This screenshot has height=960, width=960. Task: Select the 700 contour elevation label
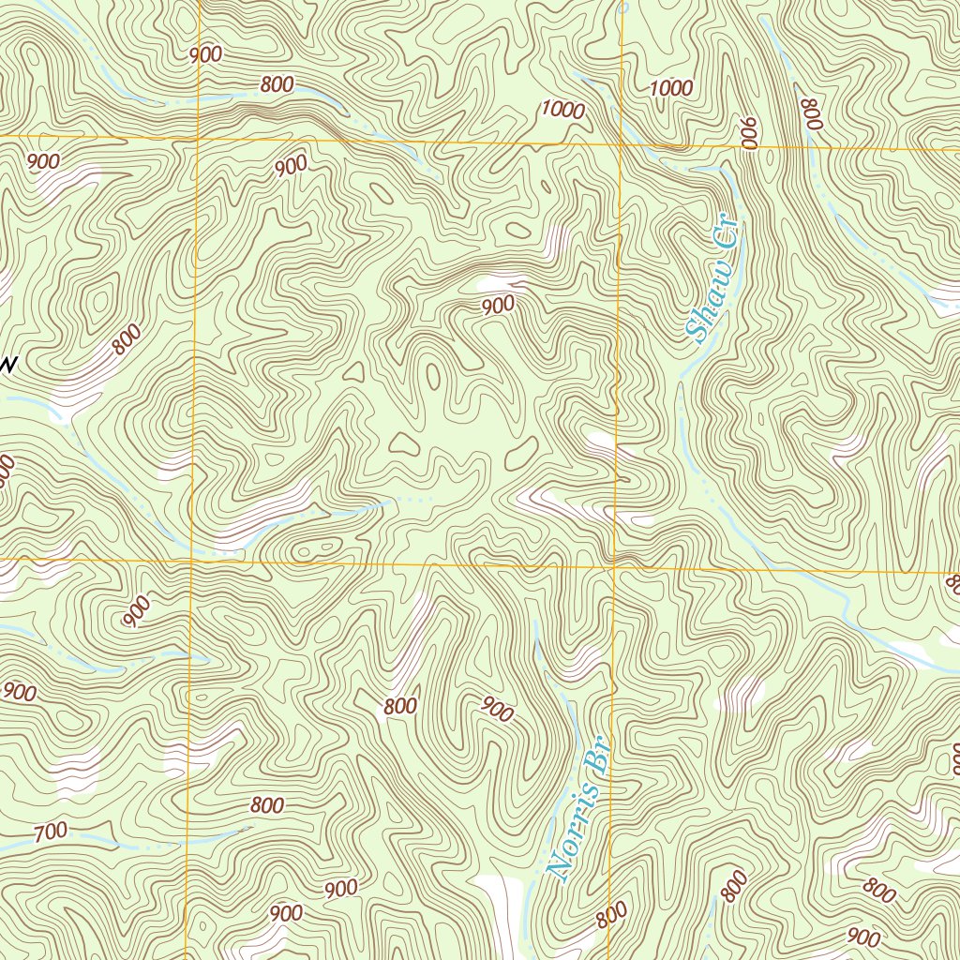50,831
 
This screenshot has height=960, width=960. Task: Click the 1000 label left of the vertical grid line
562,110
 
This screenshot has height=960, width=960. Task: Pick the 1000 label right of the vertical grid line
671,89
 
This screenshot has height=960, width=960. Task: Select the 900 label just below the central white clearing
499,305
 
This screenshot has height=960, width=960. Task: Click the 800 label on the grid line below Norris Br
611,912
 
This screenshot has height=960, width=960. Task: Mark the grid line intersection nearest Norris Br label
613,565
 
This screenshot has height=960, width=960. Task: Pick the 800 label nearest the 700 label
267,805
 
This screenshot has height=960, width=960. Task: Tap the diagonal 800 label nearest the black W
127,338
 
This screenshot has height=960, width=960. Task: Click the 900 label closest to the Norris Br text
497,710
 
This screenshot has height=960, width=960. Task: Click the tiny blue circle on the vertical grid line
622,7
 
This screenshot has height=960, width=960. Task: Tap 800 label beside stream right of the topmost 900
277,85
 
